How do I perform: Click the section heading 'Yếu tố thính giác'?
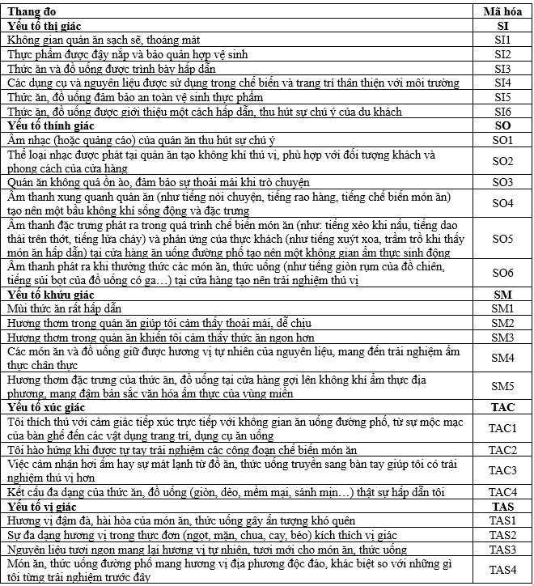(x=50, y=126)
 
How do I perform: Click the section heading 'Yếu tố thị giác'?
(x=45, y=25)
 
